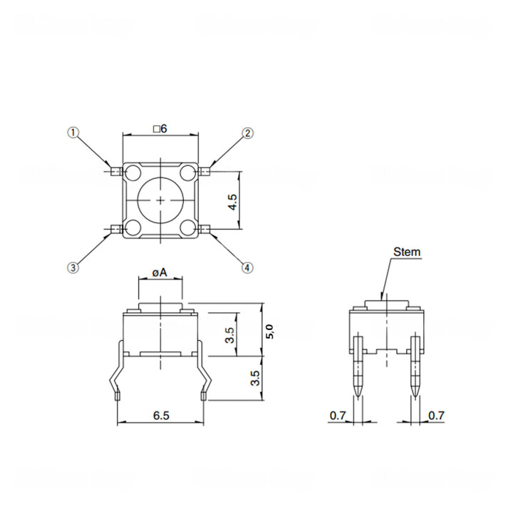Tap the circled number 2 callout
coord(247,133)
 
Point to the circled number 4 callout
coord(247,268)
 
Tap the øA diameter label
coord(160,272)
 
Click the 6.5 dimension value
coord(161,415)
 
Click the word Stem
coord(406,252)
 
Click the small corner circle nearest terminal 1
coord(133,172)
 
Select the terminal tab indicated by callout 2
coord(207,171)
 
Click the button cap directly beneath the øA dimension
coord(160,307)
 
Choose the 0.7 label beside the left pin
coord(338,415)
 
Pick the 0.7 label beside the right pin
coord(436,415)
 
